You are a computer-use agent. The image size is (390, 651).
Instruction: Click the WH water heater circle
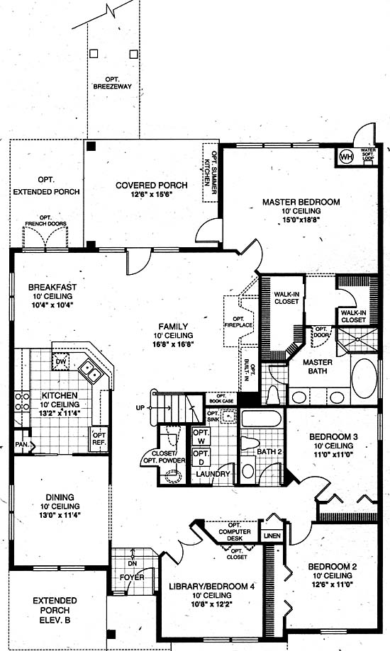346,157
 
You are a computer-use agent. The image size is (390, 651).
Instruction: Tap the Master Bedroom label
301,202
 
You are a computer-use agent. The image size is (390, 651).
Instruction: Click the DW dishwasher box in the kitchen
61,361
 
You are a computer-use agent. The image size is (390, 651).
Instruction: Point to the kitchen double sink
91,370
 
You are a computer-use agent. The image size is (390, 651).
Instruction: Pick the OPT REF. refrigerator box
99,439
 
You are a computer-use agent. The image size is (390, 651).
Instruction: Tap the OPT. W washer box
201,436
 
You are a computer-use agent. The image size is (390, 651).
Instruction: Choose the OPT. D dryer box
201,457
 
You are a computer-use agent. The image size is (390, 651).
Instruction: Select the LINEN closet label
272,536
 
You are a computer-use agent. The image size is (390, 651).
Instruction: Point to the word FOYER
132,577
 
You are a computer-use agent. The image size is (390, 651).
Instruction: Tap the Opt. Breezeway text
112,83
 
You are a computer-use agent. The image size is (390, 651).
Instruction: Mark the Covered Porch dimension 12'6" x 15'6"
151,194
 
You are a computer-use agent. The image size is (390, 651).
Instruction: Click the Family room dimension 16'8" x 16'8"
174,344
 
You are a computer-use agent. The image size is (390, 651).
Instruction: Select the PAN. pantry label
22,444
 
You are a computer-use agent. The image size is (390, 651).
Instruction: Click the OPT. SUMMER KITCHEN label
211,172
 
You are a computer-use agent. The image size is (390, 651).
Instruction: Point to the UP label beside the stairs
140,408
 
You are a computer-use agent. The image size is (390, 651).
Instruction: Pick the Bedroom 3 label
333,437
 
